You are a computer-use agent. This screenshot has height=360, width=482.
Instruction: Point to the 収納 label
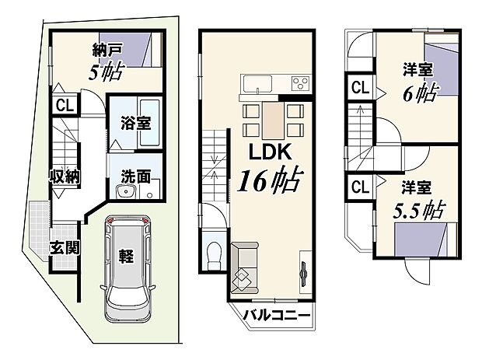point(66,176)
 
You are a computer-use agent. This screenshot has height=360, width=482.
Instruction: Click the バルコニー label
point(276,316)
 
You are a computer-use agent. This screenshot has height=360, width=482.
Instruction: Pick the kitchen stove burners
point(299,84)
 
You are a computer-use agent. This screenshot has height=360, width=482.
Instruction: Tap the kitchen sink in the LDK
point(256,84)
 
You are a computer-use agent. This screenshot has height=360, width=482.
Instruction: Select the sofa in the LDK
point(246,264)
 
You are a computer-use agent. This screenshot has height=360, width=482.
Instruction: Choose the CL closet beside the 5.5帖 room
point(358,187)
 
